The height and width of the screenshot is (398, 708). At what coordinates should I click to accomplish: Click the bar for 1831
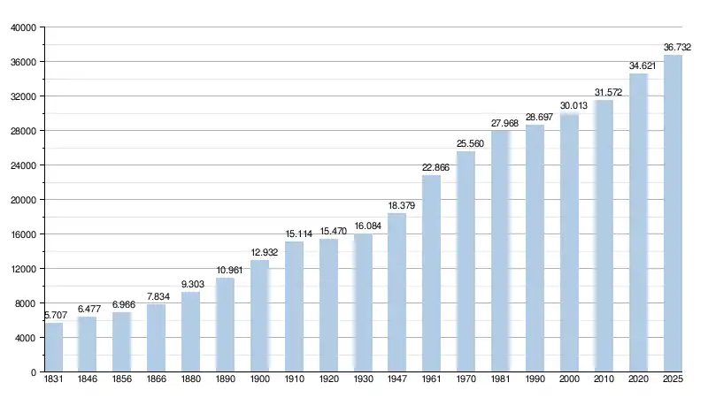coord(54,347)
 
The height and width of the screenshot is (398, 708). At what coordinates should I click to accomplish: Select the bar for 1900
coord(260,316)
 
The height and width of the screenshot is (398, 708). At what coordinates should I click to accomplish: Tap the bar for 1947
coord(397,292)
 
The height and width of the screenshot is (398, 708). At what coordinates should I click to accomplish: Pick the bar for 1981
coord(501,251)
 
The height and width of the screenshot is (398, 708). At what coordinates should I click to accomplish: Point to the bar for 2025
coord(673,213)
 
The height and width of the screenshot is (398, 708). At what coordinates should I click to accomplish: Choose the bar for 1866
coord(157,338)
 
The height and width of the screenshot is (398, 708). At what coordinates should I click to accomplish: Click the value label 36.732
coord(677,47)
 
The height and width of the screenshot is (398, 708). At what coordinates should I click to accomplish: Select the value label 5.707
coord(55,315)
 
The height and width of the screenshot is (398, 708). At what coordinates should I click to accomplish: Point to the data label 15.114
coord(295,233)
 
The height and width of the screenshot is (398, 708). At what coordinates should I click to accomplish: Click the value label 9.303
coord(191,284)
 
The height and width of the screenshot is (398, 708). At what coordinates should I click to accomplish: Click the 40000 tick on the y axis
coord(22,27)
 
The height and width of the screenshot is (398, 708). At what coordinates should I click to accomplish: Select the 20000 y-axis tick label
coord(22,200)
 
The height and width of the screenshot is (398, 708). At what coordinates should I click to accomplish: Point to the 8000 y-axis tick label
coord(25,303)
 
